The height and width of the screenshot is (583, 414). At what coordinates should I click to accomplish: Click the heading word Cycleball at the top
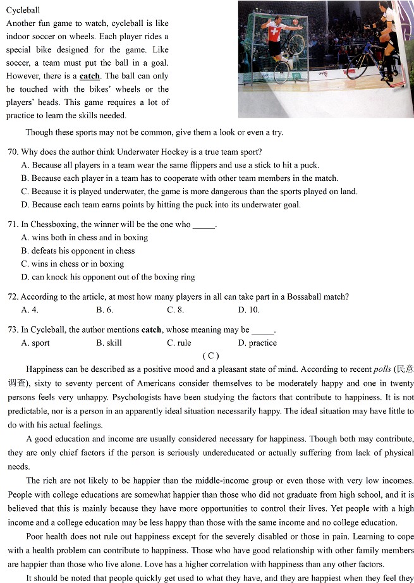[x=23, y=10]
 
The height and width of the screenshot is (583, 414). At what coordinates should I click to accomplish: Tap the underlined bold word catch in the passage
[x=90, y=76]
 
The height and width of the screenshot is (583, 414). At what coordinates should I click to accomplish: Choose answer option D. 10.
[x=248, y=310]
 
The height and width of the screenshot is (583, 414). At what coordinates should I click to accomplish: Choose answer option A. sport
[x=35, y=343]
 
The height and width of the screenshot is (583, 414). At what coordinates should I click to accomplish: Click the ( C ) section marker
[x=210, y=356]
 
